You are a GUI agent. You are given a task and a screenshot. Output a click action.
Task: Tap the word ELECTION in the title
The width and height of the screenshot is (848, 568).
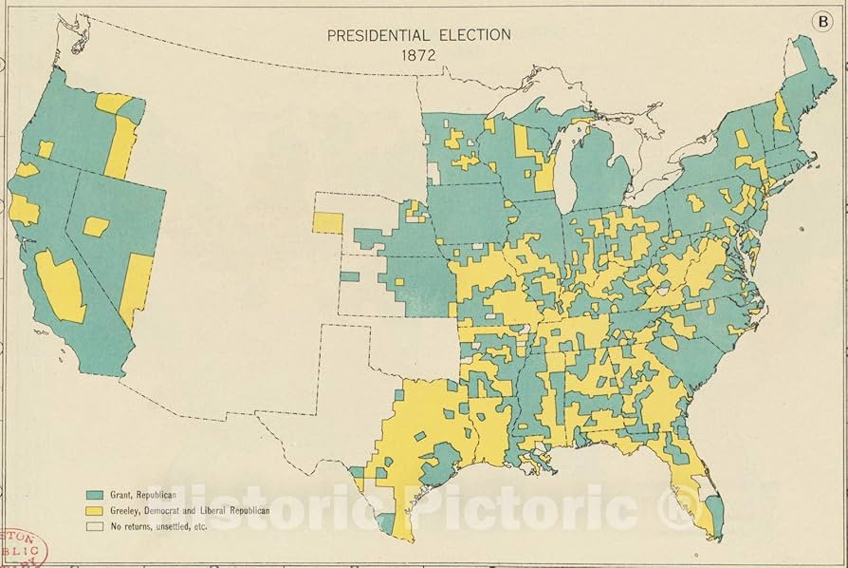475,35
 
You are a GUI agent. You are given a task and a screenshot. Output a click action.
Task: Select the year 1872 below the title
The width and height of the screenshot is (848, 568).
418,55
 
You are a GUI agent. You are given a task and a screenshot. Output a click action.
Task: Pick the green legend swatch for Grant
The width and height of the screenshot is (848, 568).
94,495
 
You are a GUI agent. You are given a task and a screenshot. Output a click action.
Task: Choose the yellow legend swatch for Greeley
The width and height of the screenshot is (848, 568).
94,510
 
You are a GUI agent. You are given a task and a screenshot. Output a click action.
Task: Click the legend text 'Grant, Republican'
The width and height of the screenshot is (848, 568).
143,495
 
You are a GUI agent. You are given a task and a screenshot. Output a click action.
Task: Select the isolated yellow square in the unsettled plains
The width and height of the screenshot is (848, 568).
327,222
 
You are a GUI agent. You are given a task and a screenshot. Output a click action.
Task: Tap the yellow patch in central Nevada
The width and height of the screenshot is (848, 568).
96,226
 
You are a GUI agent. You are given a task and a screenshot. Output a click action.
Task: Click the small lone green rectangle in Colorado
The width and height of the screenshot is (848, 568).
350,276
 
